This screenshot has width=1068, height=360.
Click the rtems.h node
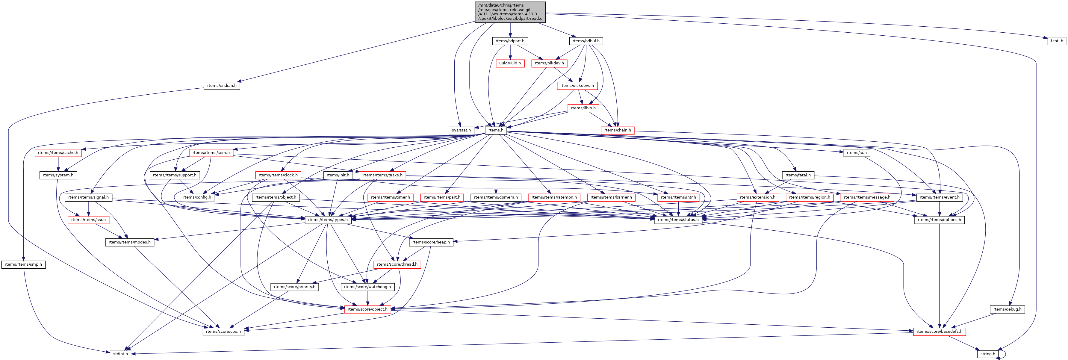pos(496,130)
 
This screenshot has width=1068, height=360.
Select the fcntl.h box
pos(1056,41)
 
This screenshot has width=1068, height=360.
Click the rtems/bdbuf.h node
pos(586,41)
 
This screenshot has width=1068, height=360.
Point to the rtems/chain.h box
pos(617,130)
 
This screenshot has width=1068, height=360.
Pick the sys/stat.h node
pos(461,130)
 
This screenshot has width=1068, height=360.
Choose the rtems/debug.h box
pos(1008,309)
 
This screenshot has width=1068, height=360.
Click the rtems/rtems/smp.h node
pos(23,264)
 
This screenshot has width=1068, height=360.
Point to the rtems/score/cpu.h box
pos(223,332)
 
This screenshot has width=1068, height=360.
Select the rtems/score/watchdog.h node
pos(367,287)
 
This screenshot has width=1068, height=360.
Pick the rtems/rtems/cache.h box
pos(58,153)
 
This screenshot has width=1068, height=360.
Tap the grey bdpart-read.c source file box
pos(510,12)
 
